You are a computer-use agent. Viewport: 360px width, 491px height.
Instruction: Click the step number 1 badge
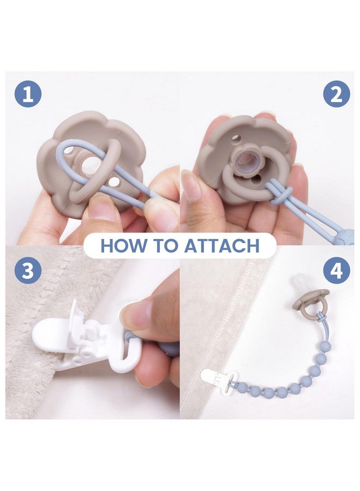click(28, 94)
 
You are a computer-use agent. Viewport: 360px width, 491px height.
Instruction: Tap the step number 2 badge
click(336, 94)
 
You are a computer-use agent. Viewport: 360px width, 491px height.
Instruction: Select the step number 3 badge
click(28, 270)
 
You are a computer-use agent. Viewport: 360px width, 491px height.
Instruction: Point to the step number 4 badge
click(336, 270)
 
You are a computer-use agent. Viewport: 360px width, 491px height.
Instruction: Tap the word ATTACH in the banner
click(221, 245)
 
